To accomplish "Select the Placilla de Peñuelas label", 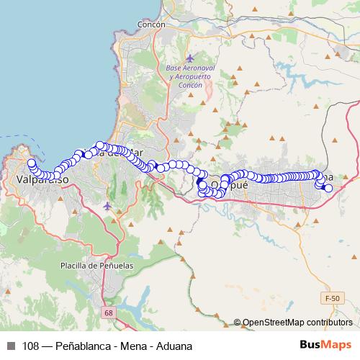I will (x=96, y=266).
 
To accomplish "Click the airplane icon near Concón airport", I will (x=189, y=58).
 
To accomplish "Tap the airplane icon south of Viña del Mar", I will (x=108, y=207).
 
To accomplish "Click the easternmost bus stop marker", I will (x=328, y=188).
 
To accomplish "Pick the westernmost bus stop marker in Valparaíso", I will (x=30, y=162).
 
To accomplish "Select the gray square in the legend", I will (x=10, y=346).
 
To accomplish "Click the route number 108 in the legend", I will (x=31, y=346).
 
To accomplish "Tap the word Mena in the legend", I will (x=134, y=346).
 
